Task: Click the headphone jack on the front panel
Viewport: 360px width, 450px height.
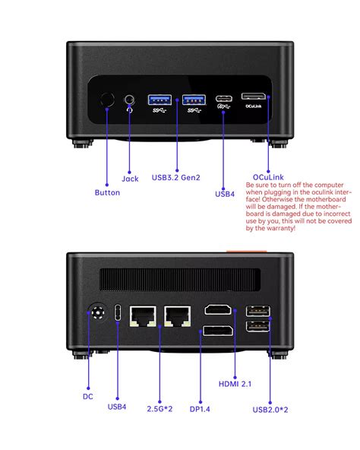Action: [x=129, y=99]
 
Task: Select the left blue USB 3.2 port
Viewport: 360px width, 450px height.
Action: [x=160, y=98]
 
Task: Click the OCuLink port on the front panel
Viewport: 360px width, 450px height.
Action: [x=254, y=97]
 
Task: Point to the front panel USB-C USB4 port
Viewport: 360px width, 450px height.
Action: [x=225, y=98]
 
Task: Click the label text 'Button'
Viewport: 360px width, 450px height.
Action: [x=107, y=192]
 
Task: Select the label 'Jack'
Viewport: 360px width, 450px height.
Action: [x=130, y=179]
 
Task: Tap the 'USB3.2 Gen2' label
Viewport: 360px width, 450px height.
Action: [x=177, y=178]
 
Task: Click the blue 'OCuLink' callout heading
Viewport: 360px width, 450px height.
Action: [x=264, y=177]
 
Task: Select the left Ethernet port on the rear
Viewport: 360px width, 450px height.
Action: [x=143, y=315]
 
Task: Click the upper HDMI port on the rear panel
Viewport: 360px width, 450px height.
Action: [x=219, y=312]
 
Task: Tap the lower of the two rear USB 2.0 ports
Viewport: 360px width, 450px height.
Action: [x=255, y=328]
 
